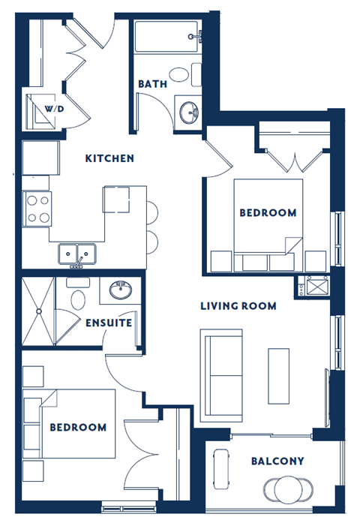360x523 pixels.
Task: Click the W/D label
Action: click(x=54, y=109)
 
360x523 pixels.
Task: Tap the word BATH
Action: click(x=152, y=84)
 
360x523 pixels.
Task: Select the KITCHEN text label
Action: click(x=109, y=158)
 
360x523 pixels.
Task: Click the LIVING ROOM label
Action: click(x=238, y=306)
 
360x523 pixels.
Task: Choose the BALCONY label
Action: click(x=277, y=461)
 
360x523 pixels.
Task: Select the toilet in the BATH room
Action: click(x=181, y=75)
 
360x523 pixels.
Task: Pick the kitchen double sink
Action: click(x=76, y=254)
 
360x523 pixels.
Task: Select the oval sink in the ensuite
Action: click(x=120, y=290)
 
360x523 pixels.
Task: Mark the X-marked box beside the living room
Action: click(x=311, y=288)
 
